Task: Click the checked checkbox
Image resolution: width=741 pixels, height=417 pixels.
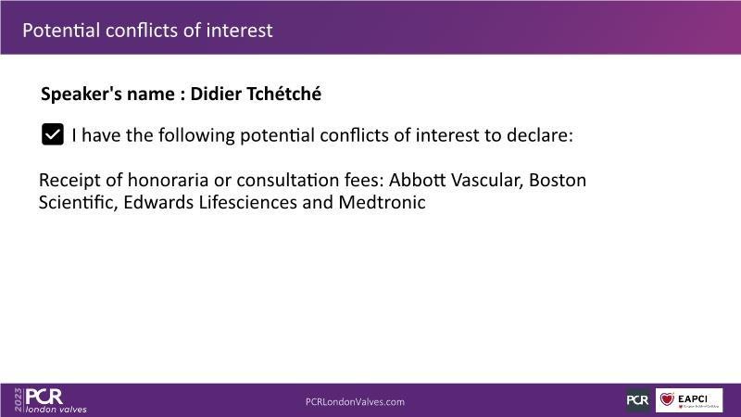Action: [x=53, y=134]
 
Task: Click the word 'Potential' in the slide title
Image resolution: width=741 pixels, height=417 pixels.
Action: [x=61, y=31]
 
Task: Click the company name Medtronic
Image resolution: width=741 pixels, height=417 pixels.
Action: [x=382, y=202]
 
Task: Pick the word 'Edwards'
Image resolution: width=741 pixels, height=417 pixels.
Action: [x=158, y=202]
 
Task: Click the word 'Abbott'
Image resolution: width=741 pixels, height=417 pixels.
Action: [x=418, y=180]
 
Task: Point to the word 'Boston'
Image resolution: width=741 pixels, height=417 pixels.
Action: [x=558, y=180]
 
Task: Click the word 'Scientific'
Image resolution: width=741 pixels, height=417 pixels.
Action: [x=78, y=202]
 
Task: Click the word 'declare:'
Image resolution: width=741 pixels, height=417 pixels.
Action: [x=540, y=135]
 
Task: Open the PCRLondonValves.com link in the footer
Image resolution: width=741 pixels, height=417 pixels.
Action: [x=355, y=402]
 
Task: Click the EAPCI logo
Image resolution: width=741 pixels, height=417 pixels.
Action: [x=688, y=400]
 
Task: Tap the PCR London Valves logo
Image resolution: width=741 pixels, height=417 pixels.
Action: [x=56, y=400]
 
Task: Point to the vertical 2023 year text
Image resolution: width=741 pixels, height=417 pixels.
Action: [x=19, y=400]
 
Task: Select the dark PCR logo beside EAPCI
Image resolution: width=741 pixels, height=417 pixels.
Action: [x=637, y=400]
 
